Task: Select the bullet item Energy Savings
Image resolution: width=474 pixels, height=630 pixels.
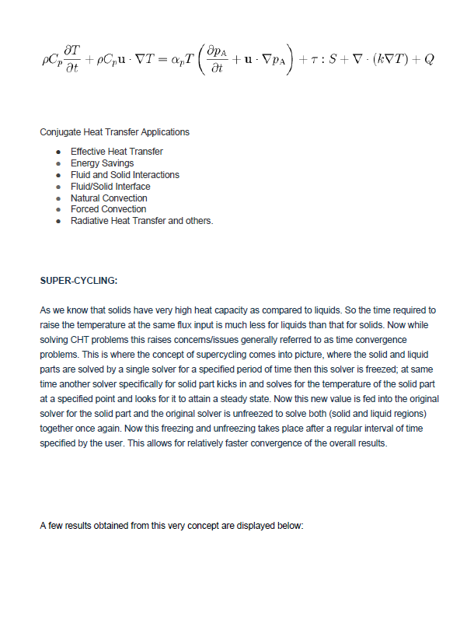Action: pos(102,163)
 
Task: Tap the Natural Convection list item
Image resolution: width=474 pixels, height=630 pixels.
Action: pos(108,198)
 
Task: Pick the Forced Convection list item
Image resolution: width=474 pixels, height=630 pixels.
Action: pos(108,209)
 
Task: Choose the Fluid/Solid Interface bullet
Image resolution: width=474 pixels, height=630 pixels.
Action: pos(110,187)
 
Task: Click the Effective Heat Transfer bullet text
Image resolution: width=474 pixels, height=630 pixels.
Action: pos(117,152)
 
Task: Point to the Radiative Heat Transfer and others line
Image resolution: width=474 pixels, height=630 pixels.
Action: pos(141,221)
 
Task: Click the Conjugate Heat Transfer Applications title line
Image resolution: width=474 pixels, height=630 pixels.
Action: pos(114,131)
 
